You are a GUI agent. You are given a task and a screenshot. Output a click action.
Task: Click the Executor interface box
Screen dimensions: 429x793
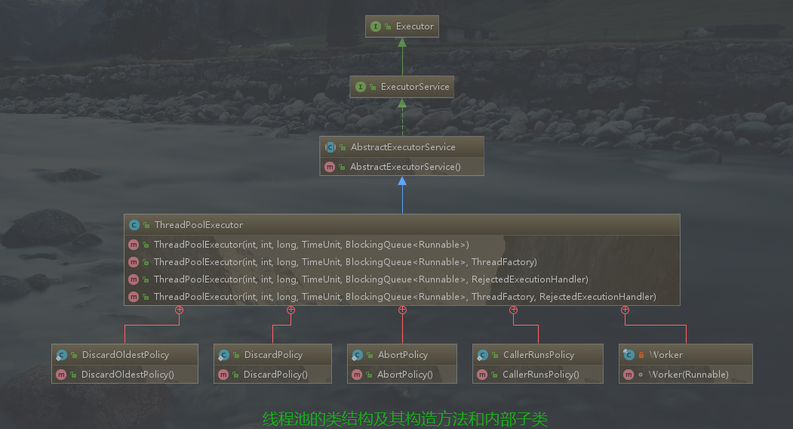tap(403, 26)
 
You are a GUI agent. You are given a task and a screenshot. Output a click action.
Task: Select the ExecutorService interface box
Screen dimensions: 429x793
tap(402, 87)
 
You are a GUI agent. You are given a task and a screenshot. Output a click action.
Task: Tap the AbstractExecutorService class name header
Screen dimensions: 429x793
tap(402, 147)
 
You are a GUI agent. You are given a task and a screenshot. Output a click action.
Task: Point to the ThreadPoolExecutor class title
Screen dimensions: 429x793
tap(198, 224)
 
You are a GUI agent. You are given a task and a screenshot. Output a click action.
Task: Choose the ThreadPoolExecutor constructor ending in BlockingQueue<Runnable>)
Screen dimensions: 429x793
tap(311, 244)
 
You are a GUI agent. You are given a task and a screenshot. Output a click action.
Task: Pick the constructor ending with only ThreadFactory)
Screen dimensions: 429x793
tap(345, 262)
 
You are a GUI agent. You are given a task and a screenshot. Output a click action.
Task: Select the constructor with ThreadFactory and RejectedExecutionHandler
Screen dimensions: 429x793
tap(404, 297)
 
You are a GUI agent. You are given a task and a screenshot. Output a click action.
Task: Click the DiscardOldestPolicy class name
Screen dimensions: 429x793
tap(125, 354)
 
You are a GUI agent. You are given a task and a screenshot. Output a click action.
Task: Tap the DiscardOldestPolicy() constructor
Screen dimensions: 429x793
tap(128, 374)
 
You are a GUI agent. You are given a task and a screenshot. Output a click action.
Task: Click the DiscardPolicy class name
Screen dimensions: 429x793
tap(273, 354)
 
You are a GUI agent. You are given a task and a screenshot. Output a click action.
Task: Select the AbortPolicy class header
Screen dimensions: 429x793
tap(402, 354)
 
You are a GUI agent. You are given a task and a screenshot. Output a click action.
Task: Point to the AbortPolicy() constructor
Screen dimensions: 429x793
tap(404, 374)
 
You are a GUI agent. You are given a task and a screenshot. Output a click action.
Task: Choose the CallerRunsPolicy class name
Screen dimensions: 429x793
tap(538, 354)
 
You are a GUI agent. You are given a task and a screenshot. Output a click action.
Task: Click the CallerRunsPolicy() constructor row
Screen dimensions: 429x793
tap(540, 374)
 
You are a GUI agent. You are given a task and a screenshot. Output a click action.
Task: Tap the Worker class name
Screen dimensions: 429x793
tap(665, 354)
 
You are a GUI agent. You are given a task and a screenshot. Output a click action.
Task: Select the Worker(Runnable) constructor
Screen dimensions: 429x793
tap(688, 374)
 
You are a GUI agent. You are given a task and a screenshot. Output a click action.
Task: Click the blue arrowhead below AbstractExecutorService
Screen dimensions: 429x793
tap(402, 181)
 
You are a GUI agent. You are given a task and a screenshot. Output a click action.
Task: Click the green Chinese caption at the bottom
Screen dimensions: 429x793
tap(404, 418)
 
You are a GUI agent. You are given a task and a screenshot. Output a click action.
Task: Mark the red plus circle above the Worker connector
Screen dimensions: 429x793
tap(625, 310)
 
